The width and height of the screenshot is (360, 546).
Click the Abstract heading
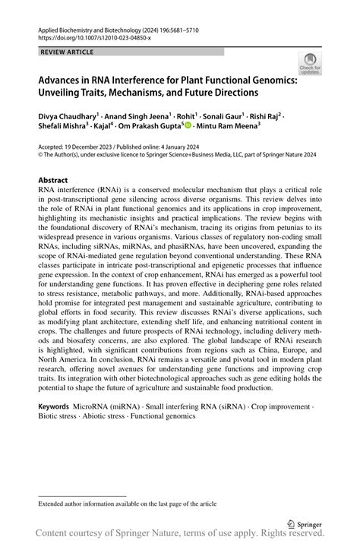(x=55, y=180)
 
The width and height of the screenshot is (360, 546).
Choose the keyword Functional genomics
(x=168, y=416)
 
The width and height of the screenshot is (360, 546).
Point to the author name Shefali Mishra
(x=62, y=128)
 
